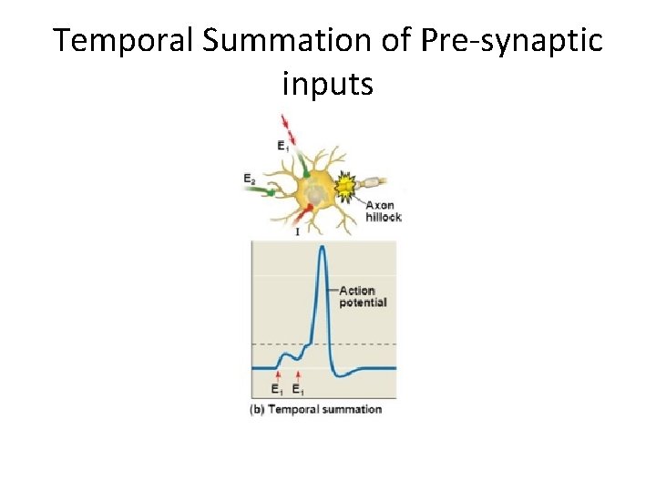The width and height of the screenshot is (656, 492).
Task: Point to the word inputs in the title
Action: click(328, 85)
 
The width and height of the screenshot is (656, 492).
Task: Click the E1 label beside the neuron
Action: click(285, 145)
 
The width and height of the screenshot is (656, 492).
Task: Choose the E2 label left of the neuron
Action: click(250, 179)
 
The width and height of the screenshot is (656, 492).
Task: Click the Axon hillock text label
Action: click(383, 211)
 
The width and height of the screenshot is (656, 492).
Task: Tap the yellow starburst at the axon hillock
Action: click(346, 189)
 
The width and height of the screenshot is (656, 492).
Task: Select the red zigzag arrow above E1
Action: click(289, 126)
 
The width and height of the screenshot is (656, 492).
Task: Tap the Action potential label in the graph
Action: click(363, 296)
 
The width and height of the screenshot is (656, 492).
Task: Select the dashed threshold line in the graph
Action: click(364, 344)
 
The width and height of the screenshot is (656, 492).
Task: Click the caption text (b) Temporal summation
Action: click(315, 410)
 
